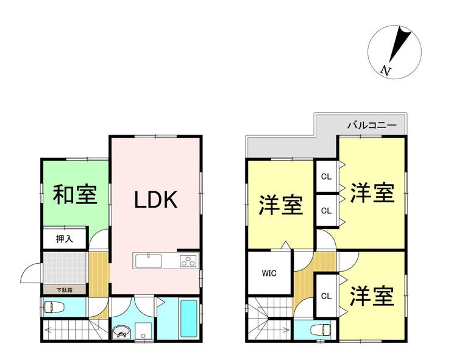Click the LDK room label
click(x=155, y=200)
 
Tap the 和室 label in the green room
click(x=75, y=195)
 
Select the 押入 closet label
click(x=65, y=238)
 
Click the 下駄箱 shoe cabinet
click(x=65, y=290)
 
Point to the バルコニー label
click(x=372, y=125)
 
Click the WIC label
click(x=269, y=273)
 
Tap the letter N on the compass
click(x=385, y=71)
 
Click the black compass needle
click(x=399, y=43)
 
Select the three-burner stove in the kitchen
click(x=189, y=261)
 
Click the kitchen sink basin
click(x=149, y=261)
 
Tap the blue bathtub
click(x=189, y=319)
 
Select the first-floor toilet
click(x=52, y=307)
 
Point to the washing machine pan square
click(x=143, y=331)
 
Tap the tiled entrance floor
click(x=65, y=268)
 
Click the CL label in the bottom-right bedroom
click(x=326, y=296)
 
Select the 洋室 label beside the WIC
click(x=281, y=205)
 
